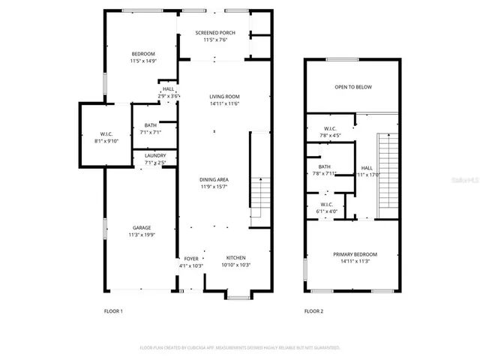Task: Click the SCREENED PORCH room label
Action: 214,33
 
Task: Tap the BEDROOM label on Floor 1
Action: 143,54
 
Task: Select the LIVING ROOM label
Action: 223,97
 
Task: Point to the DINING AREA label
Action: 214,180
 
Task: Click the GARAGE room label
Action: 142,228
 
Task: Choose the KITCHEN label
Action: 235,258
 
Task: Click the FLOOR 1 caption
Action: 112,310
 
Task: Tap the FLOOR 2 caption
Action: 313,310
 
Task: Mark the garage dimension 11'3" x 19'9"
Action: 142,235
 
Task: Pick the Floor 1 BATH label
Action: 151,125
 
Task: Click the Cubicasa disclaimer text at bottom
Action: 240,348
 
